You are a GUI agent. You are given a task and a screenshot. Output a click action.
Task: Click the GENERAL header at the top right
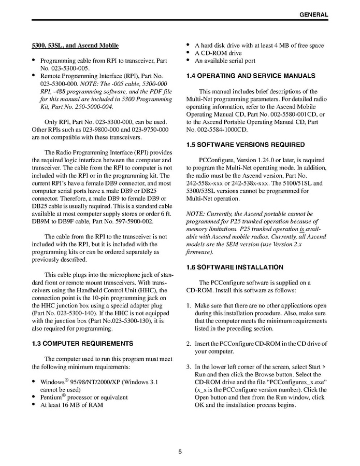click(313, 15)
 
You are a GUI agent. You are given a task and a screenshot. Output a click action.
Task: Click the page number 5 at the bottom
click(180, 451)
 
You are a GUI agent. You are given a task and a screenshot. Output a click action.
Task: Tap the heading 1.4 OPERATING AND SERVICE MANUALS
click(250, 76)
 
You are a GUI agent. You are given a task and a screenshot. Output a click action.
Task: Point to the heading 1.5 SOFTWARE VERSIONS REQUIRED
click(245, 145)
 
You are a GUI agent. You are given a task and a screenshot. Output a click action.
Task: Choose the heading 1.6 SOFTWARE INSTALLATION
click(235, 267)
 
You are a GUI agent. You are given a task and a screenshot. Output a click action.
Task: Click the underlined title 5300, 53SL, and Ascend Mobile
click(75, 46)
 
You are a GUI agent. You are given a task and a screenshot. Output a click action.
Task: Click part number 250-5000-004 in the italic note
click(89, 106)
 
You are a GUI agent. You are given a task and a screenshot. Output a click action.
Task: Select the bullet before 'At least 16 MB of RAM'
click(34, 405)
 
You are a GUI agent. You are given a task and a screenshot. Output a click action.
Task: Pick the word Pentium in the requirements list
click(51, 398)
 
